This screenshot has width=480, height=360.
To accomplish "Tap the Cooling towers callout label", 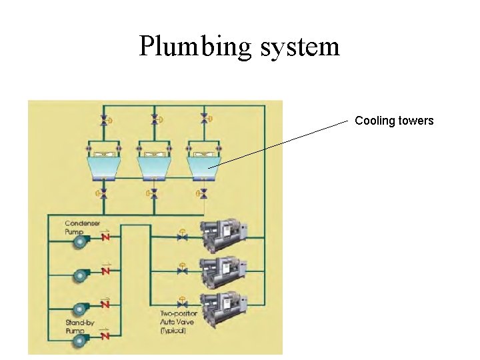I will [394, 121].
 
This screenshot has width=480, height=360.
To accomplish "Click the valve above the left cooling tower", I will [103, 120].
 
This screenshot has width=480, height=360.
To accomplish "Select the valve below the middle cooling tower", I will [154, 194].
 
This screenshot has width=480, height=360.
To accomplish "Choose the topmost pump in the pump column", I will [83, 243].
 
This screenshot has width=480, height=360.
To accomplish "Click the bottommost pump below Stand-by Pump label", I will [83, 341].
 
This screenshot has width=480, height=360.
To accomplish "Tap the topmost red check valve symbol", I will [105, 237].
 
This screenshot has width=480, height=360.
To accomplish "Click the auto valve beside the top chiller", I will [181, 236].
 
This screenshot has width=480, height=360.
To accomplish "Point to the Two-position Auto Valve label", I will [179, 322].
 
